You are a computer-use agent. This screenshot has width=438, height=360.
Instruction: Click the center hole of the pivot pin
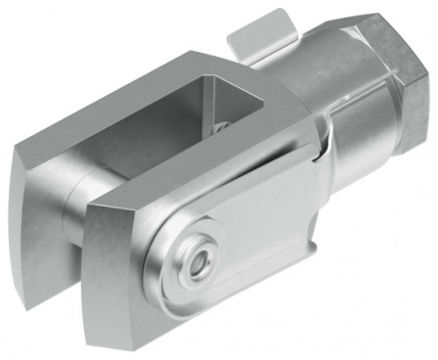199,261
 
